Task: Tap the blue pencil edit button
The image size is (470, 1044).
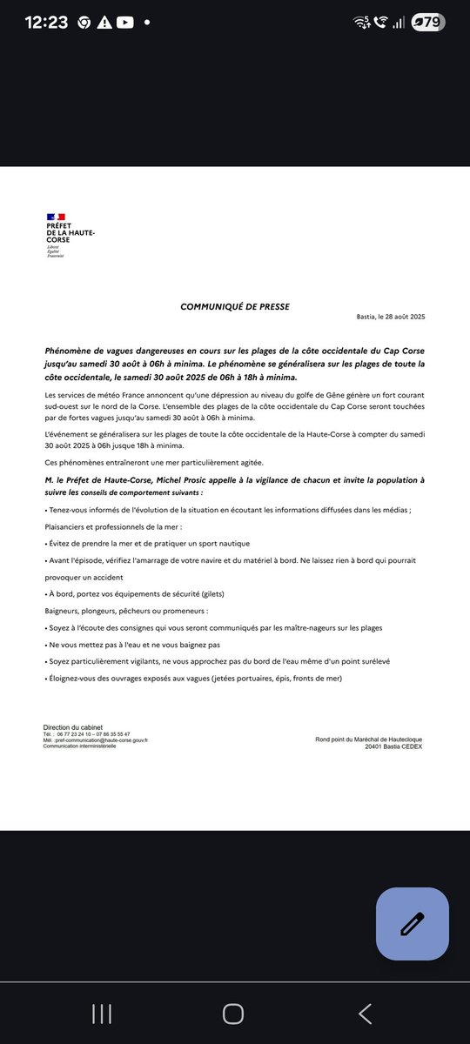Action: point(413,923)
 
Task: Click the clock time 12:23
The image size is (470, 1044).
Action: point(41,23)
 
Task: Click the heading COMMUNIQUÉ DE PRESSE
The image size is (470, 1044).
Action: point(235,307)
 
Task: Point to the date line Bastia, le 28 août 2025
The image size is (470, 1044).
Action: point(391,318)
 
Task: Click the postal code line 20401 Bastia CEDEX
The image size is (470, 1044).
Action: point(393,746)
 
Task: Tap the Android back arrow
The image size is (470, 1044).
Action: point(366,1014)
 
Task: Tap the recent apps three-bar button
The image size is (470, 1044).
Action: point(102,1014)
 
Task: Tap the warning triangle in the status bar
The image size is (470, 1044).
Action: point(104,23)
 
